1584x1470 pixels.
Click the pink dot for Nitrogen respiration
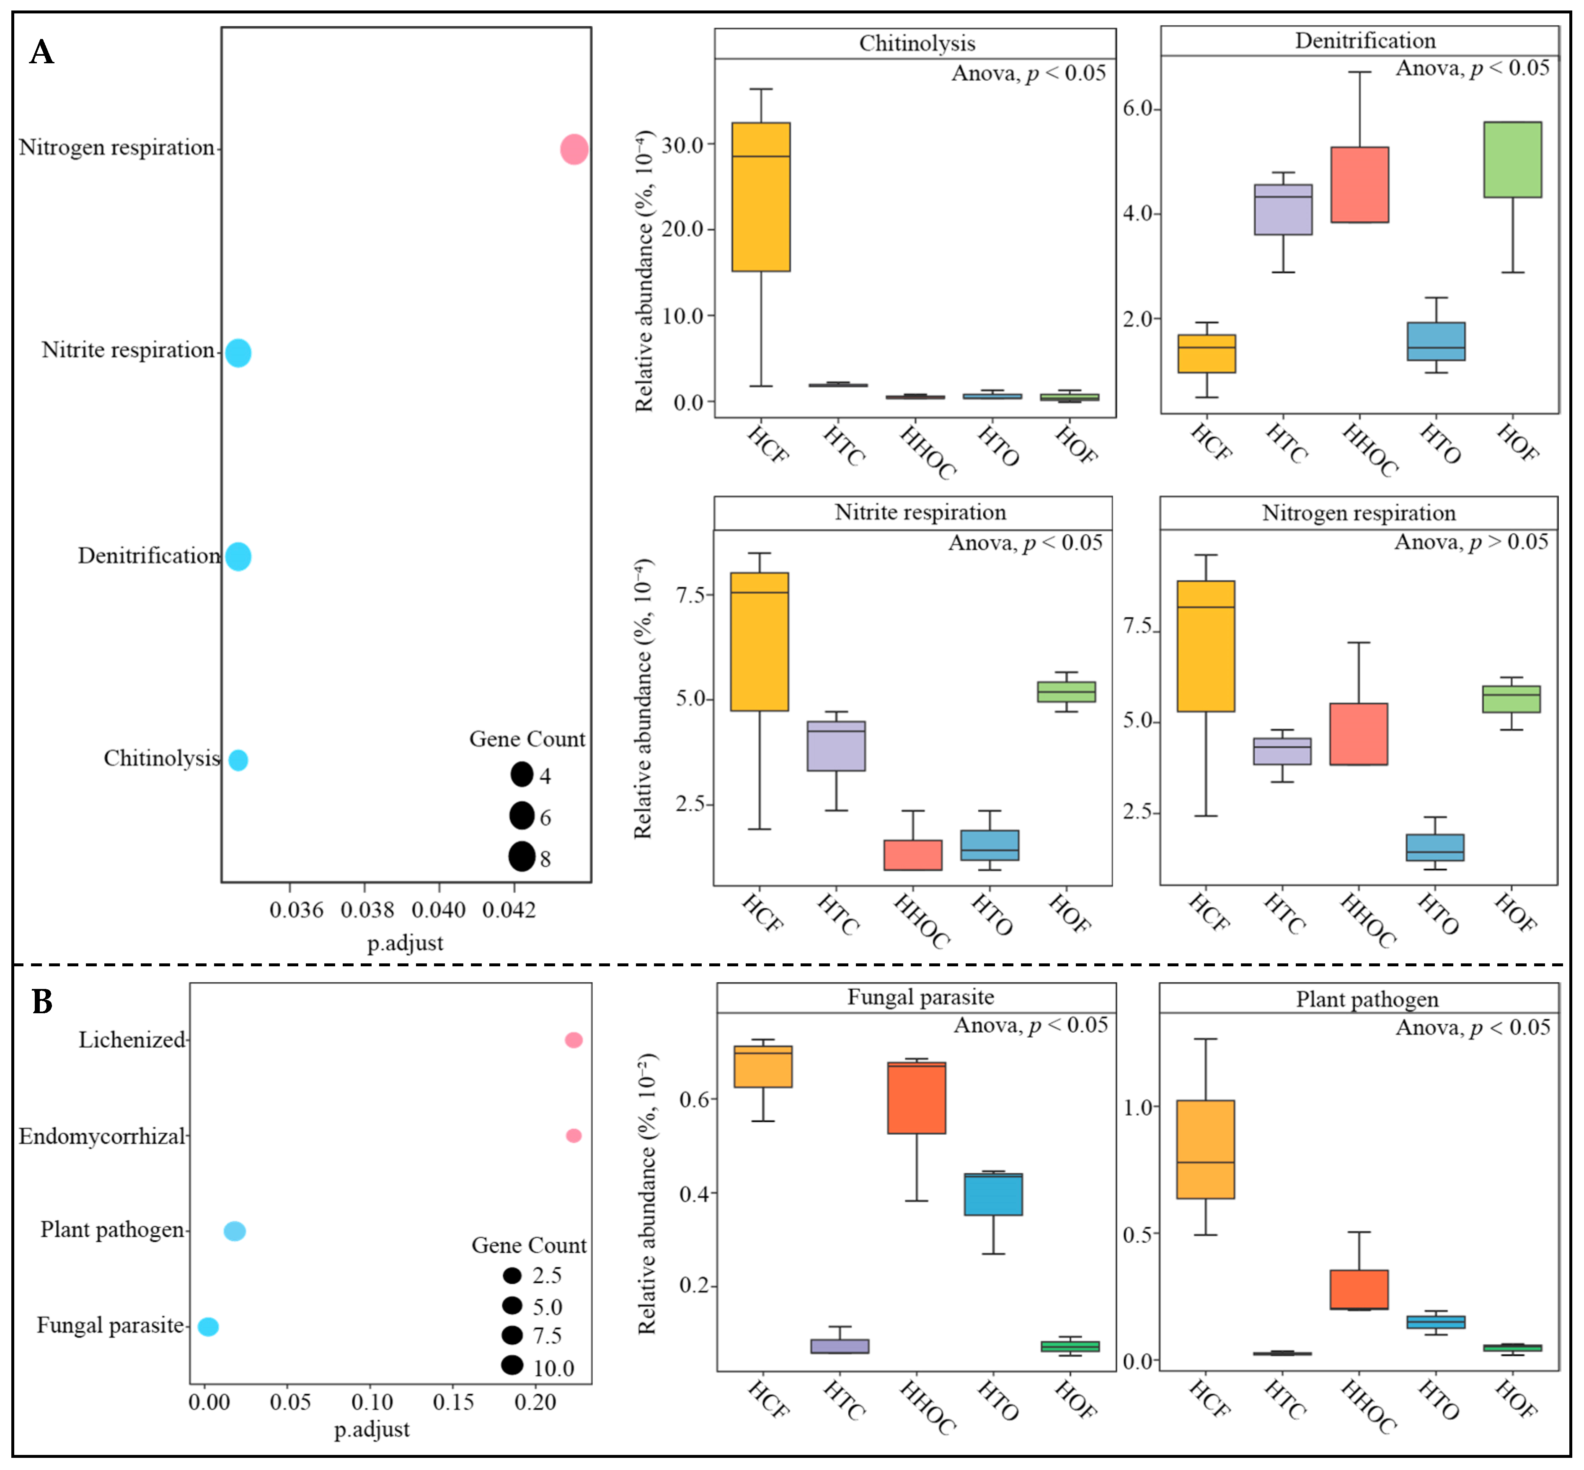click(574, 149)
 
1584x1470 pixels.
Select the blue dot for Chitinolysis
click(238, 760)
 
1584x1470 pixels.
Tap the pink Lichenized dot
click(574, 1040)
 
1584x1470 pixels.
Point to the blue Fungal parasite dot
click(208, 1326)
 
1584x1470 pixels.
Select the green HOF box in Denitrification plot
click(1512, 159)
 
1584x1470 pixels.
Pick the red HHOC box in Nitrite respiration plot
click(913, 854)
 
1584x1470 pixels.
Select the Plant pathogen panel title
click(1367, 999)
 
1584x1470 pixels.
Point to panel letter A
click(41, 52)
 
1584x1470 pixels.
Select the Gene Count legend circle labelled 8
click(522, 857)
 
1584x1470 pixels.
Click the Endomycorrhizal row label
click(102, 1136)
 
